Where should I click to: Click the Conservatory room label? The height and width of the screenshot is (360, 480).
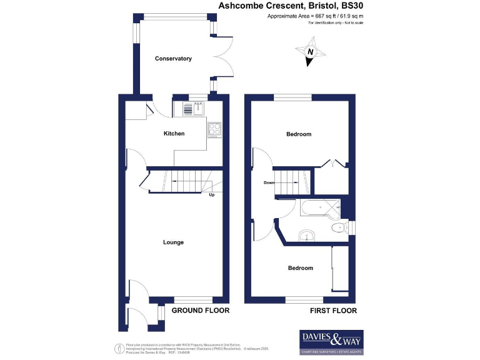[173, 59]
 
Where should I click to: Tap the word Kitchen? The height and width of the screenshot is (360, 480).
[174, 133]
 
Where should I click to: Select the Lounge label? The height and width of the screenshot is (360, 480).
[173, 242]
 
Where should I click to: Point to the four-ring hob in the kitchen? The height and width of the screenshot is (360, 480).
[215, 129]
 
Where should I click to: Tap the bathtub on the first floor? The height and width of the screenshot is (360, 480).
[320, 208]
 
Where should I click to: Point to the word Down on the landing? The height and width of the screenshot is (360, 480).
[269, 183]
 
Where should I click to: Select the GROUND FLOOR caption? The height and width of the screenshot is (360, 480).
[200, 311]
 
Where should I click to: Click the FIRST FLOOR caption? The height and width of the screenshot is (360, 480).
[333, 311]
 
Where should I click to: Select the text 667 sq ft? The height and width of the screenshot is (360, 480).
[312, 16]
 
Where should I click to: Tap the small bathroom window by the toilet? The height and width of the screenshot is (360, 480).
[352, 227]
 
